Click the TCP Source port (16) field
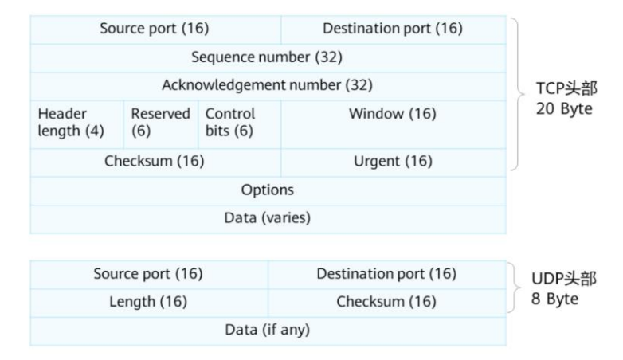pos(155,29)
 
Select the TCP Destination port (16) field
pos(393,29)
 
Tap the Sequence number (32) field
pos(267,57)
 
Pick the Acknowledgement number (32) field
pos(267,84)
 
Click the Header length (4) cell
pos(76,123)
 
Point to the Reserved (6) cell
pos(160,123)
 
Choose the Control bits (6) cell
pos(237,123)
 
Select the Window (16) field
pos(393,115)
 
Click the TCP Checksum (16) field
pos(155,162)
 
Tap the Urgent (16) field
pos(393,162)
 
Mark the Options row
pos(267,190)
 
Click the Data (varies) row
pos(267,217)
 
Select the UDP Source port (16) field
pos(148,274)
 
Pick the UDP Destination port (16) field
pos(386,274)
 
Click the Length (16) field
pos(148,302)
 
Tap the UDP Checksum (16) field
pos(386,302)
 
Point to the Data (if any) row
pos(267,330)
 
